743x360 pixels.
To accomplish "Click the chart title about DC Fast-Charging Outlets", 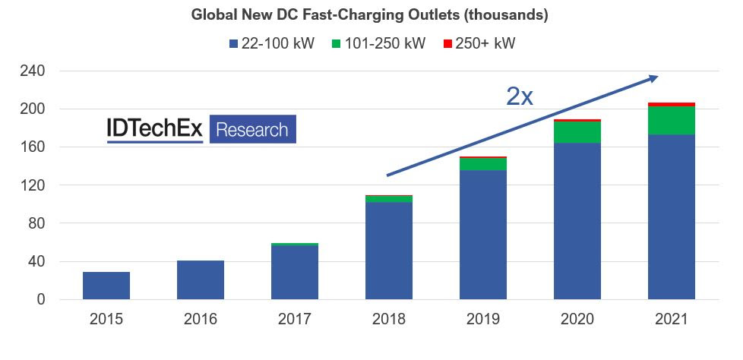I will point(370,14).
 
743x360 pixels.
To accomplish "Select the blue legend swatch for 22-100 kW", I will point(233,44).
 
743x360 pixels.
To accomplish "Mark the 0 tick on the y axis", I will point(43,299).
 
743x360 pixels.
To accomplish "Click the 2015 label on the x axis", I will point(106,320).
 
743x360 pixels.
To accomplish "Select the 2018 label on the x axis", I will point(388,320).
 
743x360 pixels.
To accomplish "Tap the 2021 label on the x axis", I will point(671,320).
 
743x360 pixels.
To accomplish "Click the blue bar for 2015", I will point(106,286).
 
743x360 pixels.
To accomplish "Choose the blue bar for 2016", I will point(201,279).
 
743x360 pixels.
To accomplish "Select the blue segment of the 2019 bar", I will point(483,235).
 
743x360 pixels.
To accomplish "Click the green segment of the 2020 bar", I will point(577,132).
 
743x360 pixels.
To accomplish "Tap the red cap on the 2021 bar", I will point(672,104).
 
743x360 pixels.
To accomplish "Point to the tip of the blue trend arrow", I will point(657,77).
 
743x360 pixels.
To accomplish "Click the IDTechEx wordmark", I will point(155,130).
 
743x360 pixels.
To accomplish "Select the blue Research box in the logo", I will point(252,130).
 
